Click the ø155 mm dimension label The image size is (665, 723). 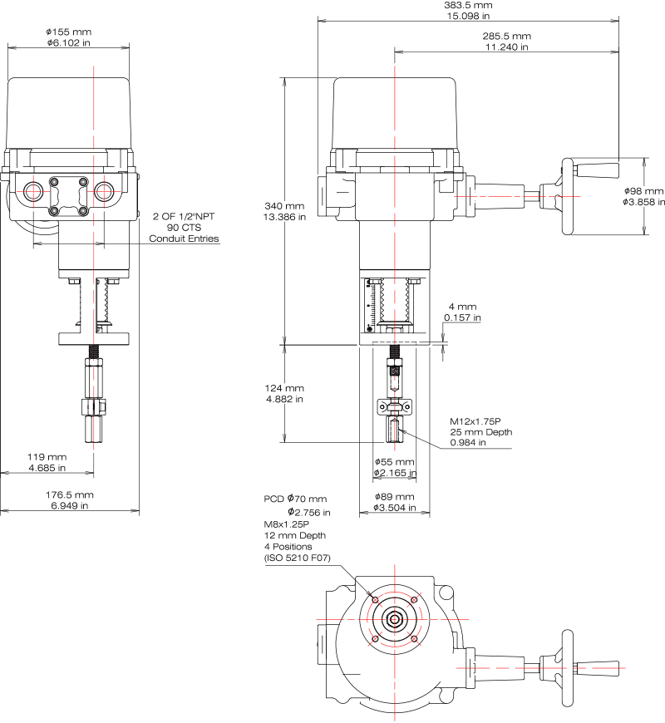pos(69,32)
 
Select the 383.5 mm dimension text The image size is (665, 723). pos(468,5)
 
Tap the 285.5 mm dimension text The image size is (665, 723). pos(506,36)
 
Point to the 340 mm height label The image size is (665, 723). pos(284,206)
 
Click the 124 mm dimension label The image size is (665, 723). pos(284,388)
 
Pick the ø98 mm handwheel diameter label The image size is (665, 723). pos(643,191)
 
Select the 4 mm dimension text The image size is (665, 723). pos(462,307)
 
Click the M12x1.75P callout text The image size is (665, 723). pos(475,421)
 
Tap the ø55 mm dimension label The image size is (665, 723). pos(394,462)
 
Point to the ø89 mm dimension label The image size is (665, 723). pos(394,497)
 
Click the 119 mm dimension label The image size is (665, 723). pos(47,457)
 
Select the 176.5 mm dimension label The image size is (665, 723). pos(69,494)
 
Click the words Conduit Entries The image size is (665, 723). pos(184,239)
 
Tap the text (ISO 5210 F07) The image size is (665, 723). pos(297,558)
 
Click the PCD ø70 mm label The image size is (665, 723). pos(295,499)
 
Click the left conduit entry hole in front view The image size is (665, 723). pos(33,191)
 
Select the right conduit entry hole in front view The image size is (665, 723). pos(104,191)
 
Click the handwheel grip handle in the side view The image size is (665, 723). pos(598,170)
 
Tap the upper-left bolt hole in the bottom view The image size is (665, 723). pos(375,599)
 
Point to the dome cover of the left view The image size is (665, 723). pos(68,113)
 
